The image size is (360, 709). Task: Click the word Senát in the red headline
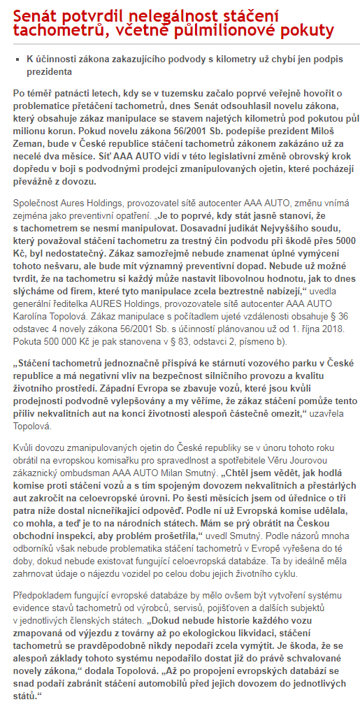coord(36,13)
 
